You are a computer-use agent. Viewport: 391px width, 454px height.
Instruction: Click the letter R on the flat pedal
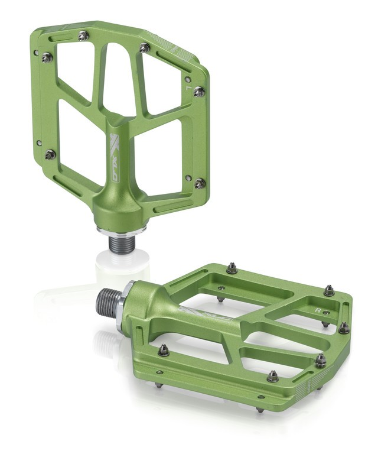tap(318, 309)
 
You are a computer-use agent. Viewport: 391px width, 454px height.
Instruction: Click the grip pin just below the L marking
tap(199, 92)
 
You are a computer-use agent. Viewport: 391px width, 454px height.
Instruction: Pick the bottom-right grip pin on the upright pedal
tap(200, 183)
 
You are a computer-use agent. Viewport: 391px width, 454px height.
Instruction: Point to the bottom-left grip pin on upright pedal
tap(50, 154)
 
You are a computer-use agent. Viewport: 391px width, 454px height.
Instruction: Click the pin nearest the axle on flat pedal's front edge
tap(164, 351)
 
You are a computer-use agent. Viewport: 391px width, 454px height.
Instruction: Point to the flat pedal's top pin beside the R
tap(329, 290)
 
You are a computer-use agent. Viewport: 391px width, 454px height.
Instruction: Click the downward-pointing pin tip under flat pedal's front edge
tap(260, 407)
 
